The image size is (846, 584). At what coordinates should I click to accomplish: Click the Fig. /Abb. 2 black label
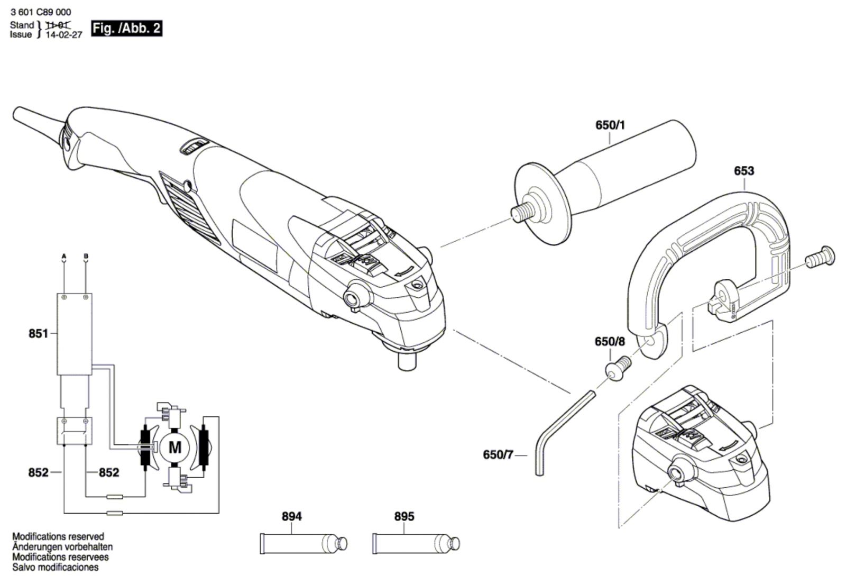point(126,28)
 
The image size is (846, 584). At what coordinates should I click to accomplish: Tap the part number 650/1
point(610,125)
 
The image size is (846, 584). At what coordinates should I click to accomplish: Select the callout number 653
point(744,171)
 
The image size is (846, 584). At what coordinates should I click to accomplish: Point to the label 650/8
point(610,342)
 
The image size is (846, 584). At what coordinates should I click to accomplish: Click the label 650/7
point(498,454)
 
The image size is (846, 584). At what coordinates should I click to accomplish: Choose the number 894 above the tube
point(291,516)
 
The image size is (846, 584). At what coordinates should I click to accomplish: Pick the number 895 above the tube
point(404,516)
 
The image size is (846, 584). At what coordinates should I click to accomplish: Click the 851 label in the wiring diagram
point(38,334)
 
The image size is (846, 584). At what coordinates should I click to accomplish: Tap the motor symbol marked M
point(174,448)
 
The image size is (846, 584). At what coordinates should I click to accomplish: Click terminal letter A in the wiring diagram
point(64,257)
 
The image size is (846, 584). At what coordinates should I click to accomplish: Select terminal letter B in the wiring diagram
point(86,257)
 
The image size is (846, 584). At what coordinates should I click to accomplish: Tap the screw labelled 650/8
point(618,369)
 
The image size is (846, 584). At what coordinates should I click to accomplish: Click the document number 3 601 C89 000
point(40,12)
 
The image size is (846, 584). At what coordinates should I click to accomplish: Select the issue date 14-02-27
point(64,35)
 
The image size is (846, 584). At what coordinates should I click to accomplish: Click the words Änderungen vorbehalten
point(62,547)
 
